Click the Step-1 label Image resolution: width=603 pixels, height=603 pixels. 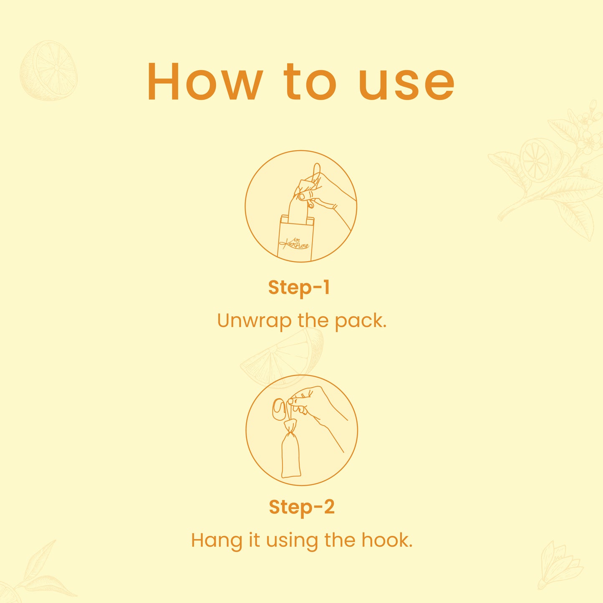299,288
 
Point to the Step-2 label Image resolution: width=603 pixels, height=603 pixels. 302,507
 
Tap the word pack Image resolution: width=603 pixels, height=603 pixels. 361,321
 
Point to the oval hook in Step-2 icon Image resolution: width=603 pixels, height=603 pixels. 278,409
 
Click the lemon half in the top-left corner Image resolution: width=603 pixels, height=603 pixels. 48,71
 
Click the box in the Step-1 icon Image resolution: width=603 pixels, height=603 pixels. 295,238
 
